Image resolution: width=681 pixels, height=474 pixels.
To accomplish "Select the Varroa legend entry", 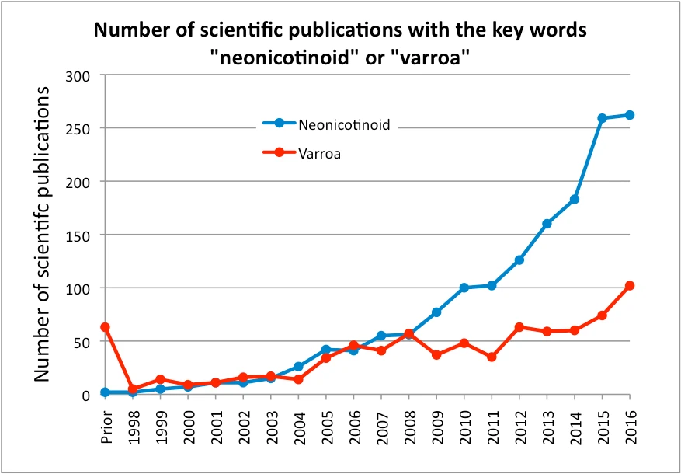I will (x=319, y=154).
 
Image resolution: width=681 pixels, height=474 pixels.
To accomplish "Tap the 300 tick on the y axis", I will (x=81, y=75).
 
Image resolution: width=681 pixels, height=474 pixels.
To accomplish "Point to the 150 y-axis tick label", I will (x=81, y=235).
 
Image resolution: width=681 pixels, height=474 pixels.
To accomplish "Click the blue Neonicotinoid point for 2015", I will (x=603, y=118).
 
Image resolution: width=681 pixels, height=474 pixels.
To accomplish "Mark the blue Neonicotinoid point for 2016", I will (x=630, y=115).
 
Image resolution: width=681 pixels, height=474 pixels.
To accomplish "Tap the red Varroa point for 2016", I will (x=630, y=286).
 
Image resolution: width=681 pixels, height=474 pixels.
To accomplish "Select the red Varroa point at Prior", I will (x=106, y=327).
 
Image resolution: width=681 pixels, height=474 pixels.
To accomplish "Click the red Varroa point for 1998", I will (x=133, y=389).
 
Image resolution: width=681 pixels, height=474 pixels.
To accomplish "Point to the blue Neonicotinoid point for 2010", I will (x=464, y=288).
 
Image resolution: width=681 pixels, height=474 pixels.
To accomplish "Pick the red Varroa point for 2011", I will (x=492, y=357).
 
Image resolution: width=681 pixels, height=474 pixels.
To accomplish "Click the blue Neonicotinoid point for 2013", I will (x=547, y=224).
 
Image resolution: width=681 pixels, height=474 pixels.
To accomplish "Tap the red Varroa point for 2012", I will (x=519, y=327).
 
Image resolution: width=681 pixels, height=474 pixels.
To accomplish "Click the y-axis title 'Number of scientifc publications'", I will (x=43, y=233).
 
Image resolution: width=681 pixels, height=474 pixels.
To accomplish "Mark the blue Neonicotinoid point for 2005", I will (x=326, y=350).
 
